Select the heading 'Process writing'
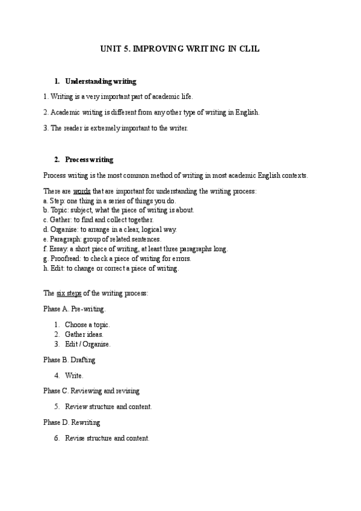pos(89,160)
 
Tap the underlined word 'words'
pos(82,191)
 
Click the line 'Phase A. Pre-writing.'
pos(74,309)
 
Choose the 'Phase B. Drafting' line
pos(69,360)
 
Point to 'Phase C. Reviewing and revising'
pos(91,391)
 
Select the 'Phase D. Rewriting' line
pos(72,422)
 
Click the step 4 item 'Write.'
pos(74,375)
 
